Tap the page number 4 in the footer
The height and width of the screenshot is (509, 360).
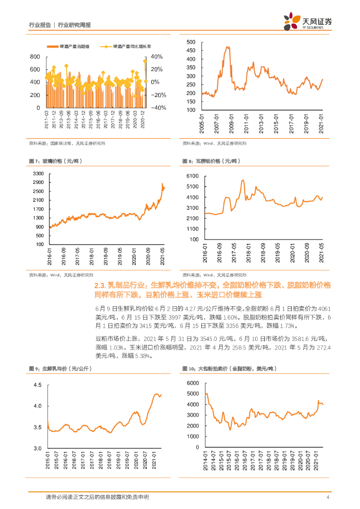coord(328,497)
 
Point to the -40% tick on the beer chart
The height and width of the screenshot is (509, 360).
coord(158,107)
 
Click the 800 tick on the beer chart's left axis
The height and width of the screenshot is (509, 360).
coord(35,56)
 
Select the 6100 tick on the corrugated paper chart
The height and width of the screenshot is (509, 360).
coord(192,176)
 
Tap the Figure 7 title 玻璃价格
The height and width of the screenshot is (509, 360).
coord(56,162)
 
